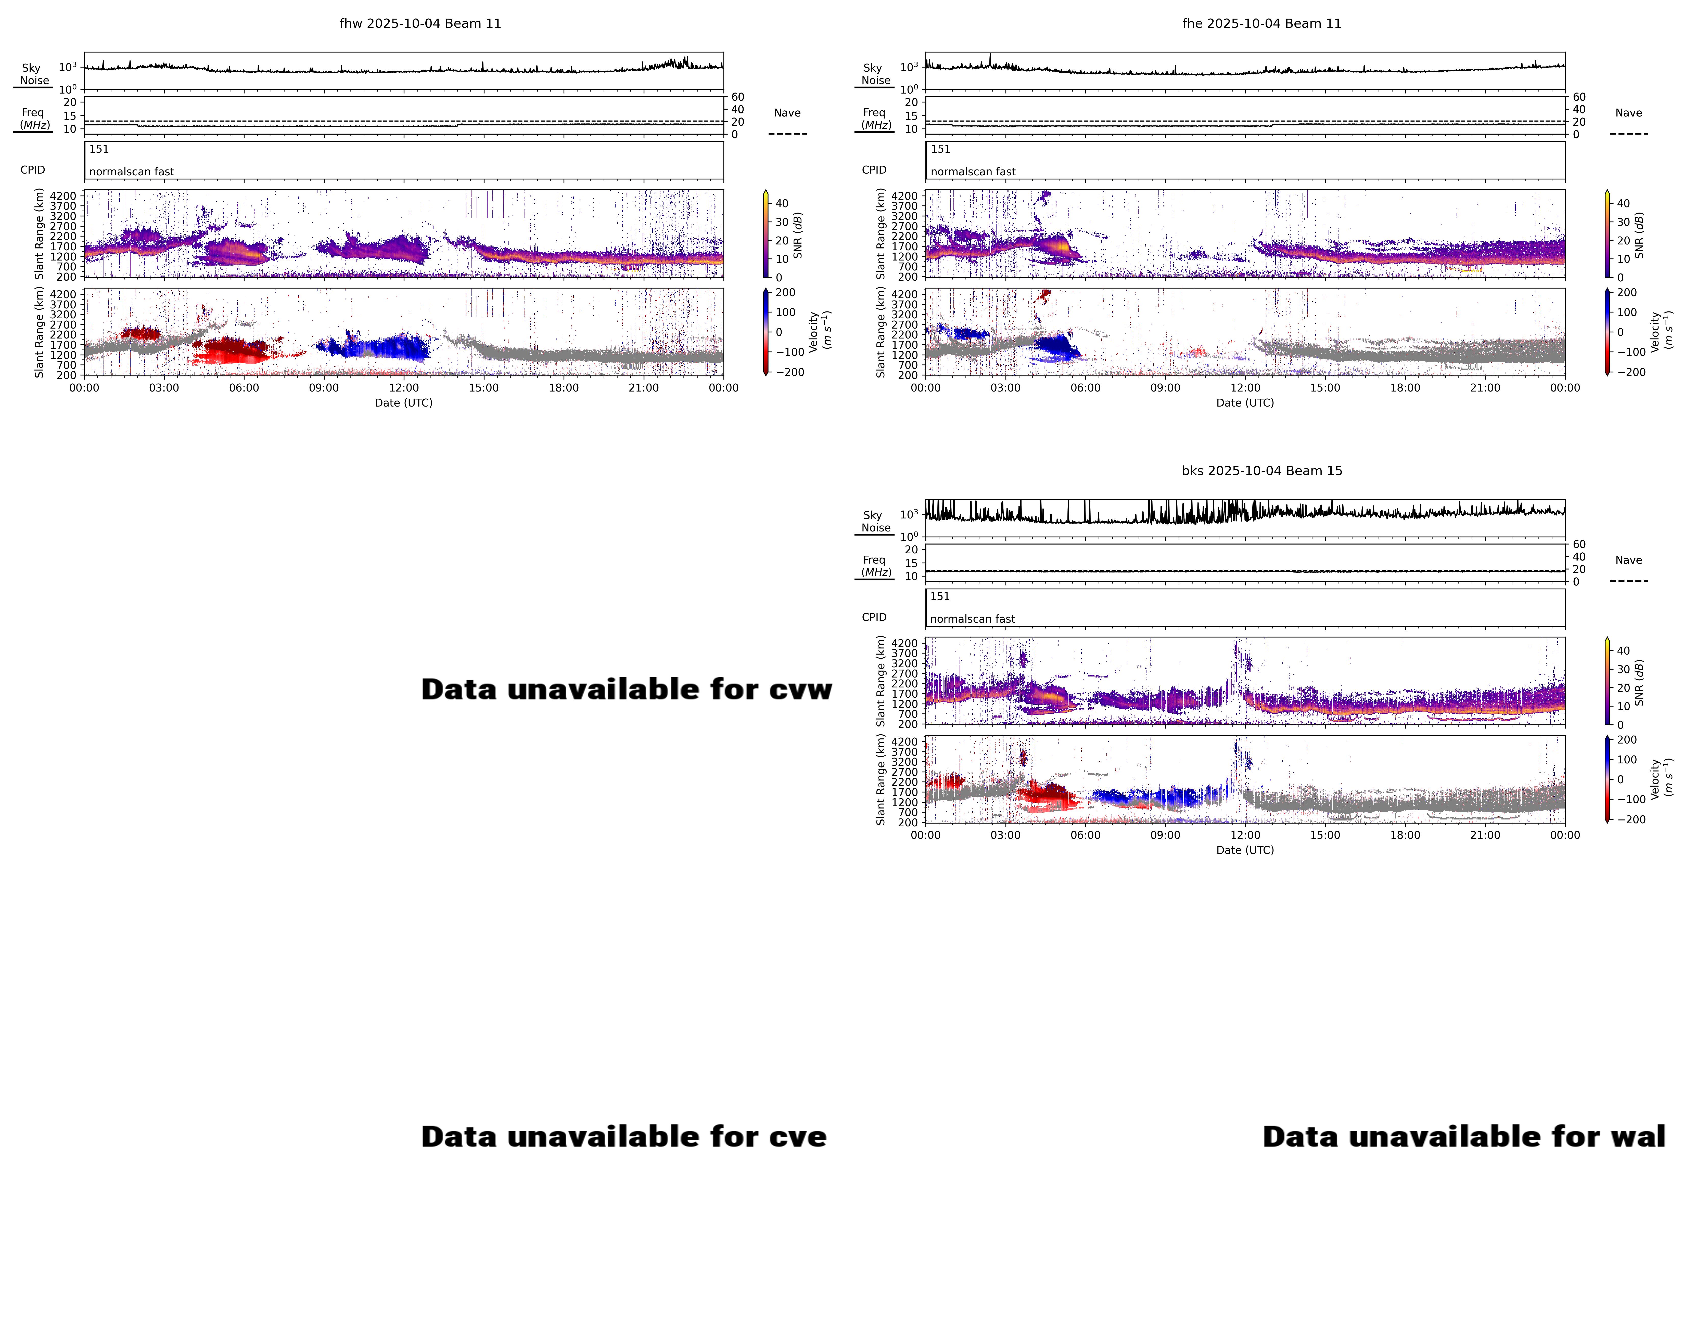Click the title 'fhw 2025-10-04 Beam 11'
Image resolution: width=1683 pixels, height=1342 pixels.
coord(420,23)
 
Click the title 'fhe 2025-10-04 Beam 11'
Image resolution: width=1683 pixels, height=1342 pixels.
coord(1261,23)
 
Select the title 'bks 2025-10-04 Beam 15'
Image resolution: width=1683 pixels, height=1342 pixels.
coord(1261,471)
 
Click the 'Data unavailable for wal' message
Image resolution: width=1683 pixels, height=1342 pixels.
coord(1464,1137)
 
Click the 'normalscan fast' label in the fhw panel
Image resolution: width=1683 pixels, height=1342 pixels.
coord(131,172)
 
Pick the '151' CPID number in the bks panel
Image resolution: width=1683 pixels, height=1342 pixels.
coord(940,596)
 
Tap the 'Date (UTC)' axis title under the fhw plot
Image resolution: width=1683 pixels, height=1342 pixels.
coord(404,403)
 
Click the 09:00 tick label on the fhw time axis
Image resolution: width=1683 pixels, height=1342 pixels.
coord(324,388)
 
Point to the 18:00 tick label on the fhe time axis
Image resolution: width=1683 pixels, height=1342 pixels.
coord(1405,388)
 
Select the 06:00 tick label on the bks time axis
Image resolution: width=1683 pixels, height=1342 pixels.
coord(1085,835)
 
